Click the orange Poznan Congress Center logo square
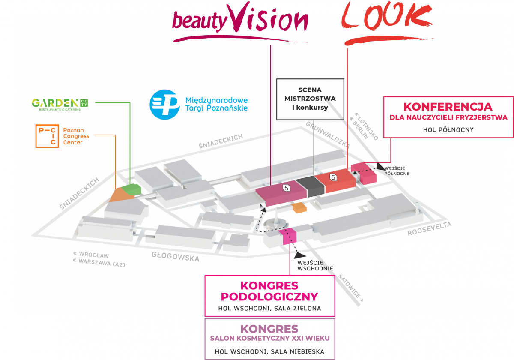click(x=47, y=136)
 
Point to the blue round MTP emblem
click(x=164, y=104)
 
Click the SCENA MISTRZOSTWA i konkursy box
click(x=310, y=99)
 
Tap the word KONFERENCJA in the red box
click(x=448, y=106)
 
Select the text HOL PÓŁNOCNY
click(x=448, y=129)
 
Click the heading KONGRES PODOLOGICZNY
click(x=270, y=291)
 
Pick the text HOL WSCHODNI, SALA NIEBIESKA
click(x=270, y=352)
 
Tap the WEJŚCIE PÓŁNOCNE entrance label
click(x=397, y=171)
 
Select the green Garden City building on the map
click(x=131, y=189)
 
